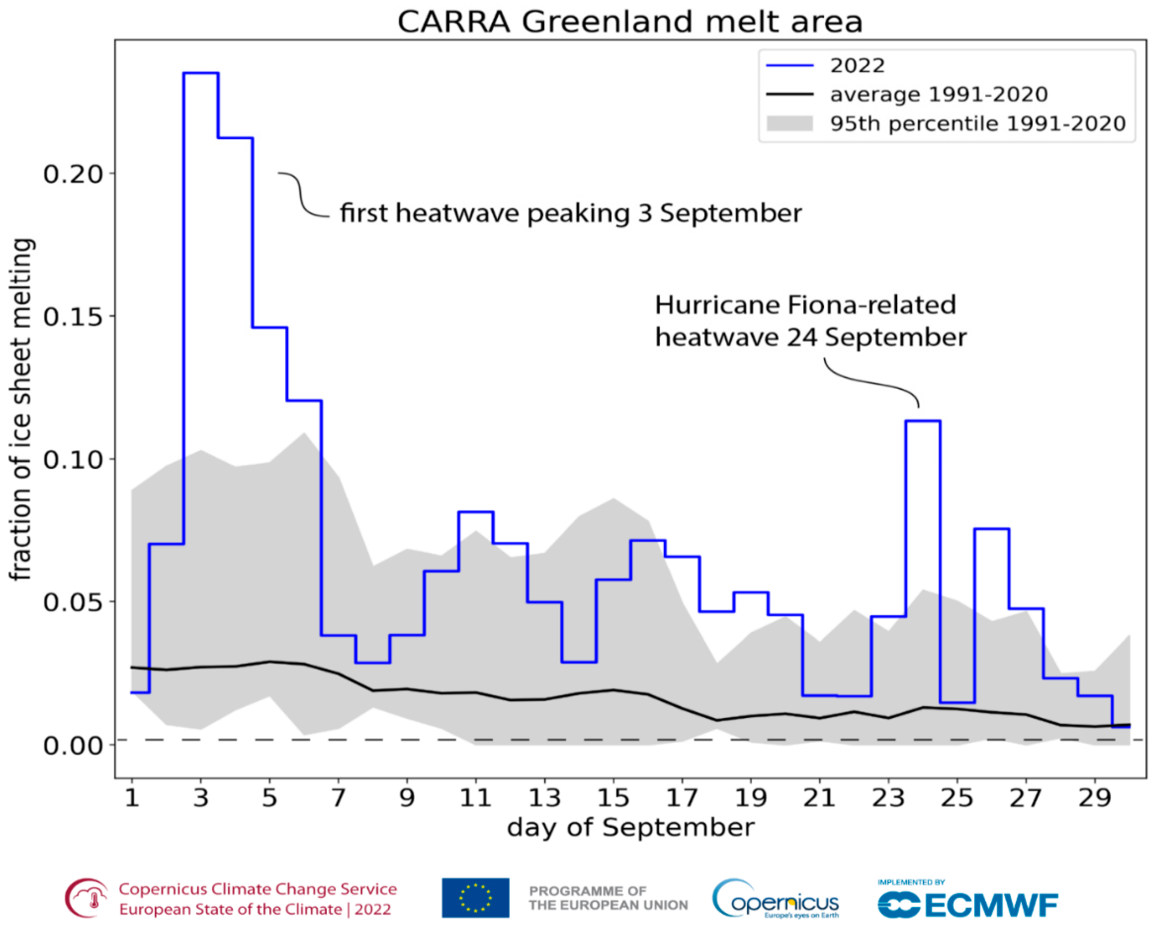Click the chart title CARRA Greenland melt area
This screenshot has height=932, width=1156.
[x=630, y=22]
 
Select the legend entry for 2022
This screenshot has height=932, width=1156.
[x=857, y=66]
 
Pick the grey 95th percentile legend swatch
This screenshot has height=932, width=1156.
[x=790, y=123]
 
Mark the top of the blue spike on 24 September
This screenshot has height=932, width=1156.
[x=922, y=421]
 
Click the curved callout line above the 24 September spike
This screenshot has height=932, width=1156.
[x=869, y=382]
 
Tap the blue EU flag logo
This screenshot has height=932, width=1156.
[x=475, y=898]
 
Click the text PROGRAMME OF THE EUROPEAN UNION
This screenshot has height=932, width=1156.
[x=608, y=898]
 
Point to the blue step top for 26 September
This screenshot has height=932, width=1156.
[x=991, y=529]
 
